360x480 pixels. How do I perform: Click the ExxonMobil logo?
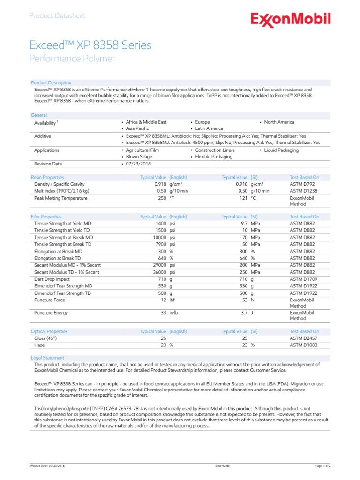pos(291,19)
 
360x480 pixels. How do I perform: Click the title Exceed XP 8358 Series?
pos(90,45)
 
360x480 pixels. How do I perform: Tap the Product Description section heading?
pos(51,82)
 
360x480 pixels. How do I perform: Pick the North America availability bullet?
pos(279,122)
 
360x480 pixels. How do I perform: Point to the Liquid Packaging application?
pos(281,150)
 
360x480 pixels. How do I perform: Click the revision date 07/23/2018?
pos(138,164)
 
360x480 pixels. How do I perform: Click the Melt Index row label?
pos(61,191)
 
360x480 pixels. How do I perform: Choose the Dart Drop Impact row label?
pos(52,279)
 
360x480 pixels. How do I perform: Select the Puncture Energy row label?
pos(51,312)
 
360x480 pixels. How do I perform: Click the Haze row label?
pos(40,345)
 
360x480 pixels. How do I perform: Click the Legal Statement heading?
pos(47,358)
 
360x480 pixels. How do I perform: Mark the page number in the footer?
pos(323,466)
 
